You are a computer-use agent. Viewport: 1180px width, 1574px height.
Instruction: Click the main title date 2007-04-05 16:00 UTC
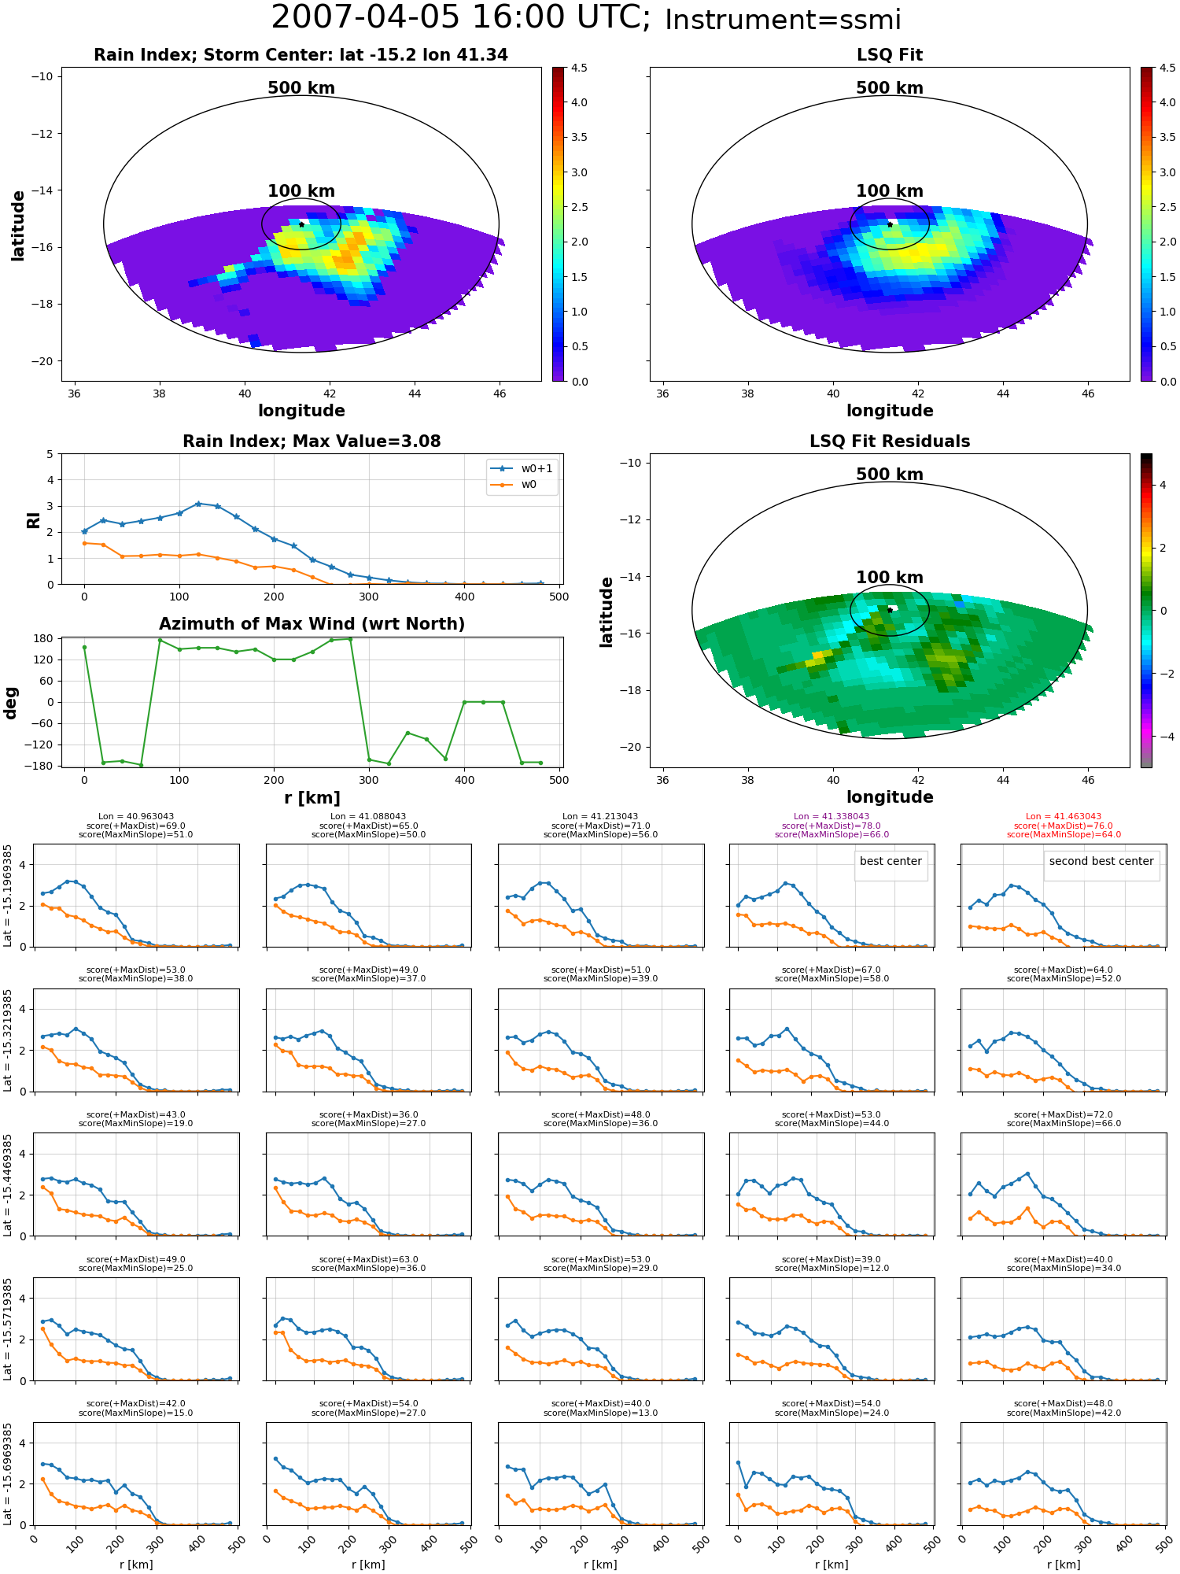pos(461,17)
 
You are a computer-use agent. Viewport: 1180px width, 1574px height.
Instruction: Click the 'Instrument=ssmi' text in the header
pos(783,20)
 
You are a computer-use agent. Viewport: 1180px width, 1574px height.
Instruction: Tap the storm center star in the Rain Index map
pos(301,224)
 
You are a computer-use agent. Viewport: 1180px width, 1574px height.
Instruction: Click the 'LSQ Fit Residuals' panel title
pos(890,442)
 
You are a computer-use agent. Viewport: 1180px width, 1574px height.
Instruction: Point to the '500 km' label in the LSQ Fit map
pos(890,88)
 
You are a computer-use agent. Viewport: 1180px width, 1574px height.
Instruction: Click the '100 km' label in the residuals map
pos(890,578)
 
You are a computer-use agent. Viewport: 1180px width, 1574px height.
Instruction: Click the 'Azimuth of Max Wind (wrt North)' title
pos(312,624)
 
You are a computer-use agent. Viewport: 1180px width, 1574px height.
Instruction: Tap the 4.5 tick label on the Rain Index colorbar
pos(579,68)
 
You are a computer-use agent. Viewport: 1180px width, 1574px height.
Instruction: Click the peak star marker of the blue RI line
pos(198,504)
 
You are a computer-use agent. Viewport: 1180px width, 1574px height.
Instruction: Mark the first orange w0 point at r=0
pos(84,543)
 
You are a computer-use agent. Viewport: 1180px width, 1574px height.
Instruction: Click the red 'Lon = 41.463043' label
pos(1064,817)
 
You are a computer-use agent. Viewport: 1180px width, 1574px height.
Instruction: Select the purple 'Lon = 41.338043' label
pos(832,817)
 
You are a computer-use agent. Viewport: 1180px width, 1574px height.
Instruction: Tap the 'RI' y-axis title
pos(34,520)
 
